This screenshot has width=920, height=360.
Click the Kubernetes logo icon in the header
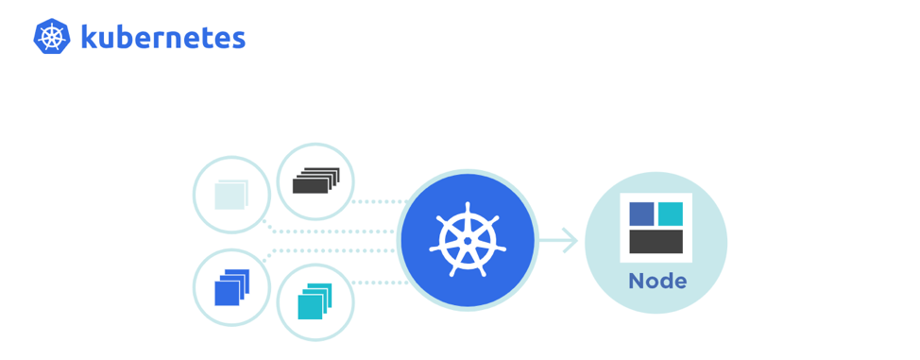click(x=52, y=37)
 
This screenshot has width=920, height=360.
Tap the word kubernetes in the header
click(x=162, y=37)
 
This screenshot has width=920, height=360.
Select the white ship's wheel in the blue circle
click(x=468, y=241)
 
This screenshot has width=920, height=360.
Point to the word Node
click(x=656, y=282)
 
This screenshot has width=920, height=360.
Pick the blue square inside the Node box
click(x=642, y=214)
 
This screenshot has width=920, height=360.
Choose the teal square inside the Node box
click(x=670, y=214)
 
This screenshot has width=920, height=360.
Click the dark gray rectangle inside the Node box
click(x=656, y=241)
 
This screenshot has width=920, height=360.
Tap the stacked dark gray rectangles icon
click(x=315, y=181)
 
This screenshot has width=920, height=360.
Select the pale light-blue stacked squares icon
click(x=230, y=195)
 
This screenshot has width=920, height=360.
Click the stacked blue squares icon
click(x=230, y=287)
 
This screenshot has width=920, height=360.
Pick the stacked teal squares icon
click(x=315, y=302)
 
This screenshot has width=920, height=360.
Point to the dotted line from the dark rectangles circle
click(x=378, y=201)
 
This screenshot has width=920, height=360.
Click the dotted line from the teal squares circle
click(x=378, y=282)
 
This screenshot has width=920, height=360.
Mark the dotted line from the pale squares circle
click(x=331, y=230)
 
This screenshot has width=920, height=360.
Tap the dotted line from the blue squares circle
click(x=331, y=251)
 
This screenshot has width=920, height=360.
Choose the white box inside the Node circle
click(x=656, y=228)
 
